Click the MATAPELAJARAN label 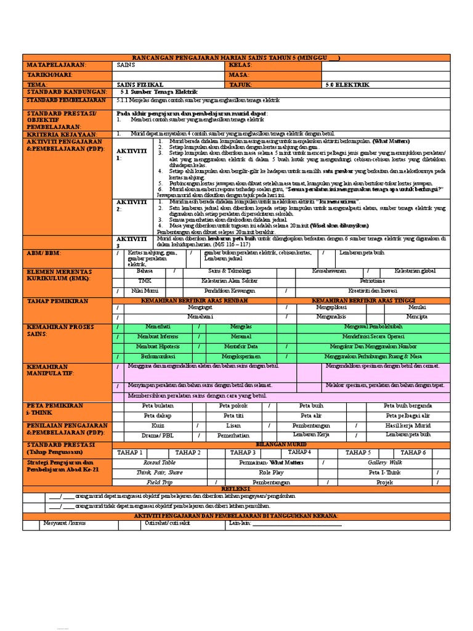[55, 65]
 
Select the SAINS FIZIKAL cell [140, 84]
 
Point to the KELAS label [241, 65]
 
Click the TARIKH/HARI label [47, 75]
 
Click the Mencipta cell [416, 316]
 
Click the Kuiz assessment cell [158, 425]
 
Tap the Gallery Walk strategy [385, 462]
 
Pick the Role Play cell [271, 472]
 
